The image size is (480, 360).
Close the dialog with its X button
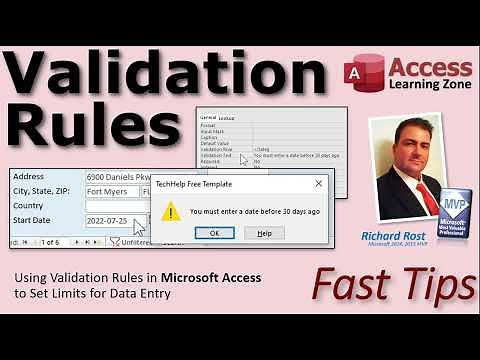click(318, 185)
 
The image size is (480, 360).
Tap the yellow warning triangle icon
click(172, 210)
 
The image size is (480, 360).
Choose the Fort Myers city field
click(111, 190)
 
